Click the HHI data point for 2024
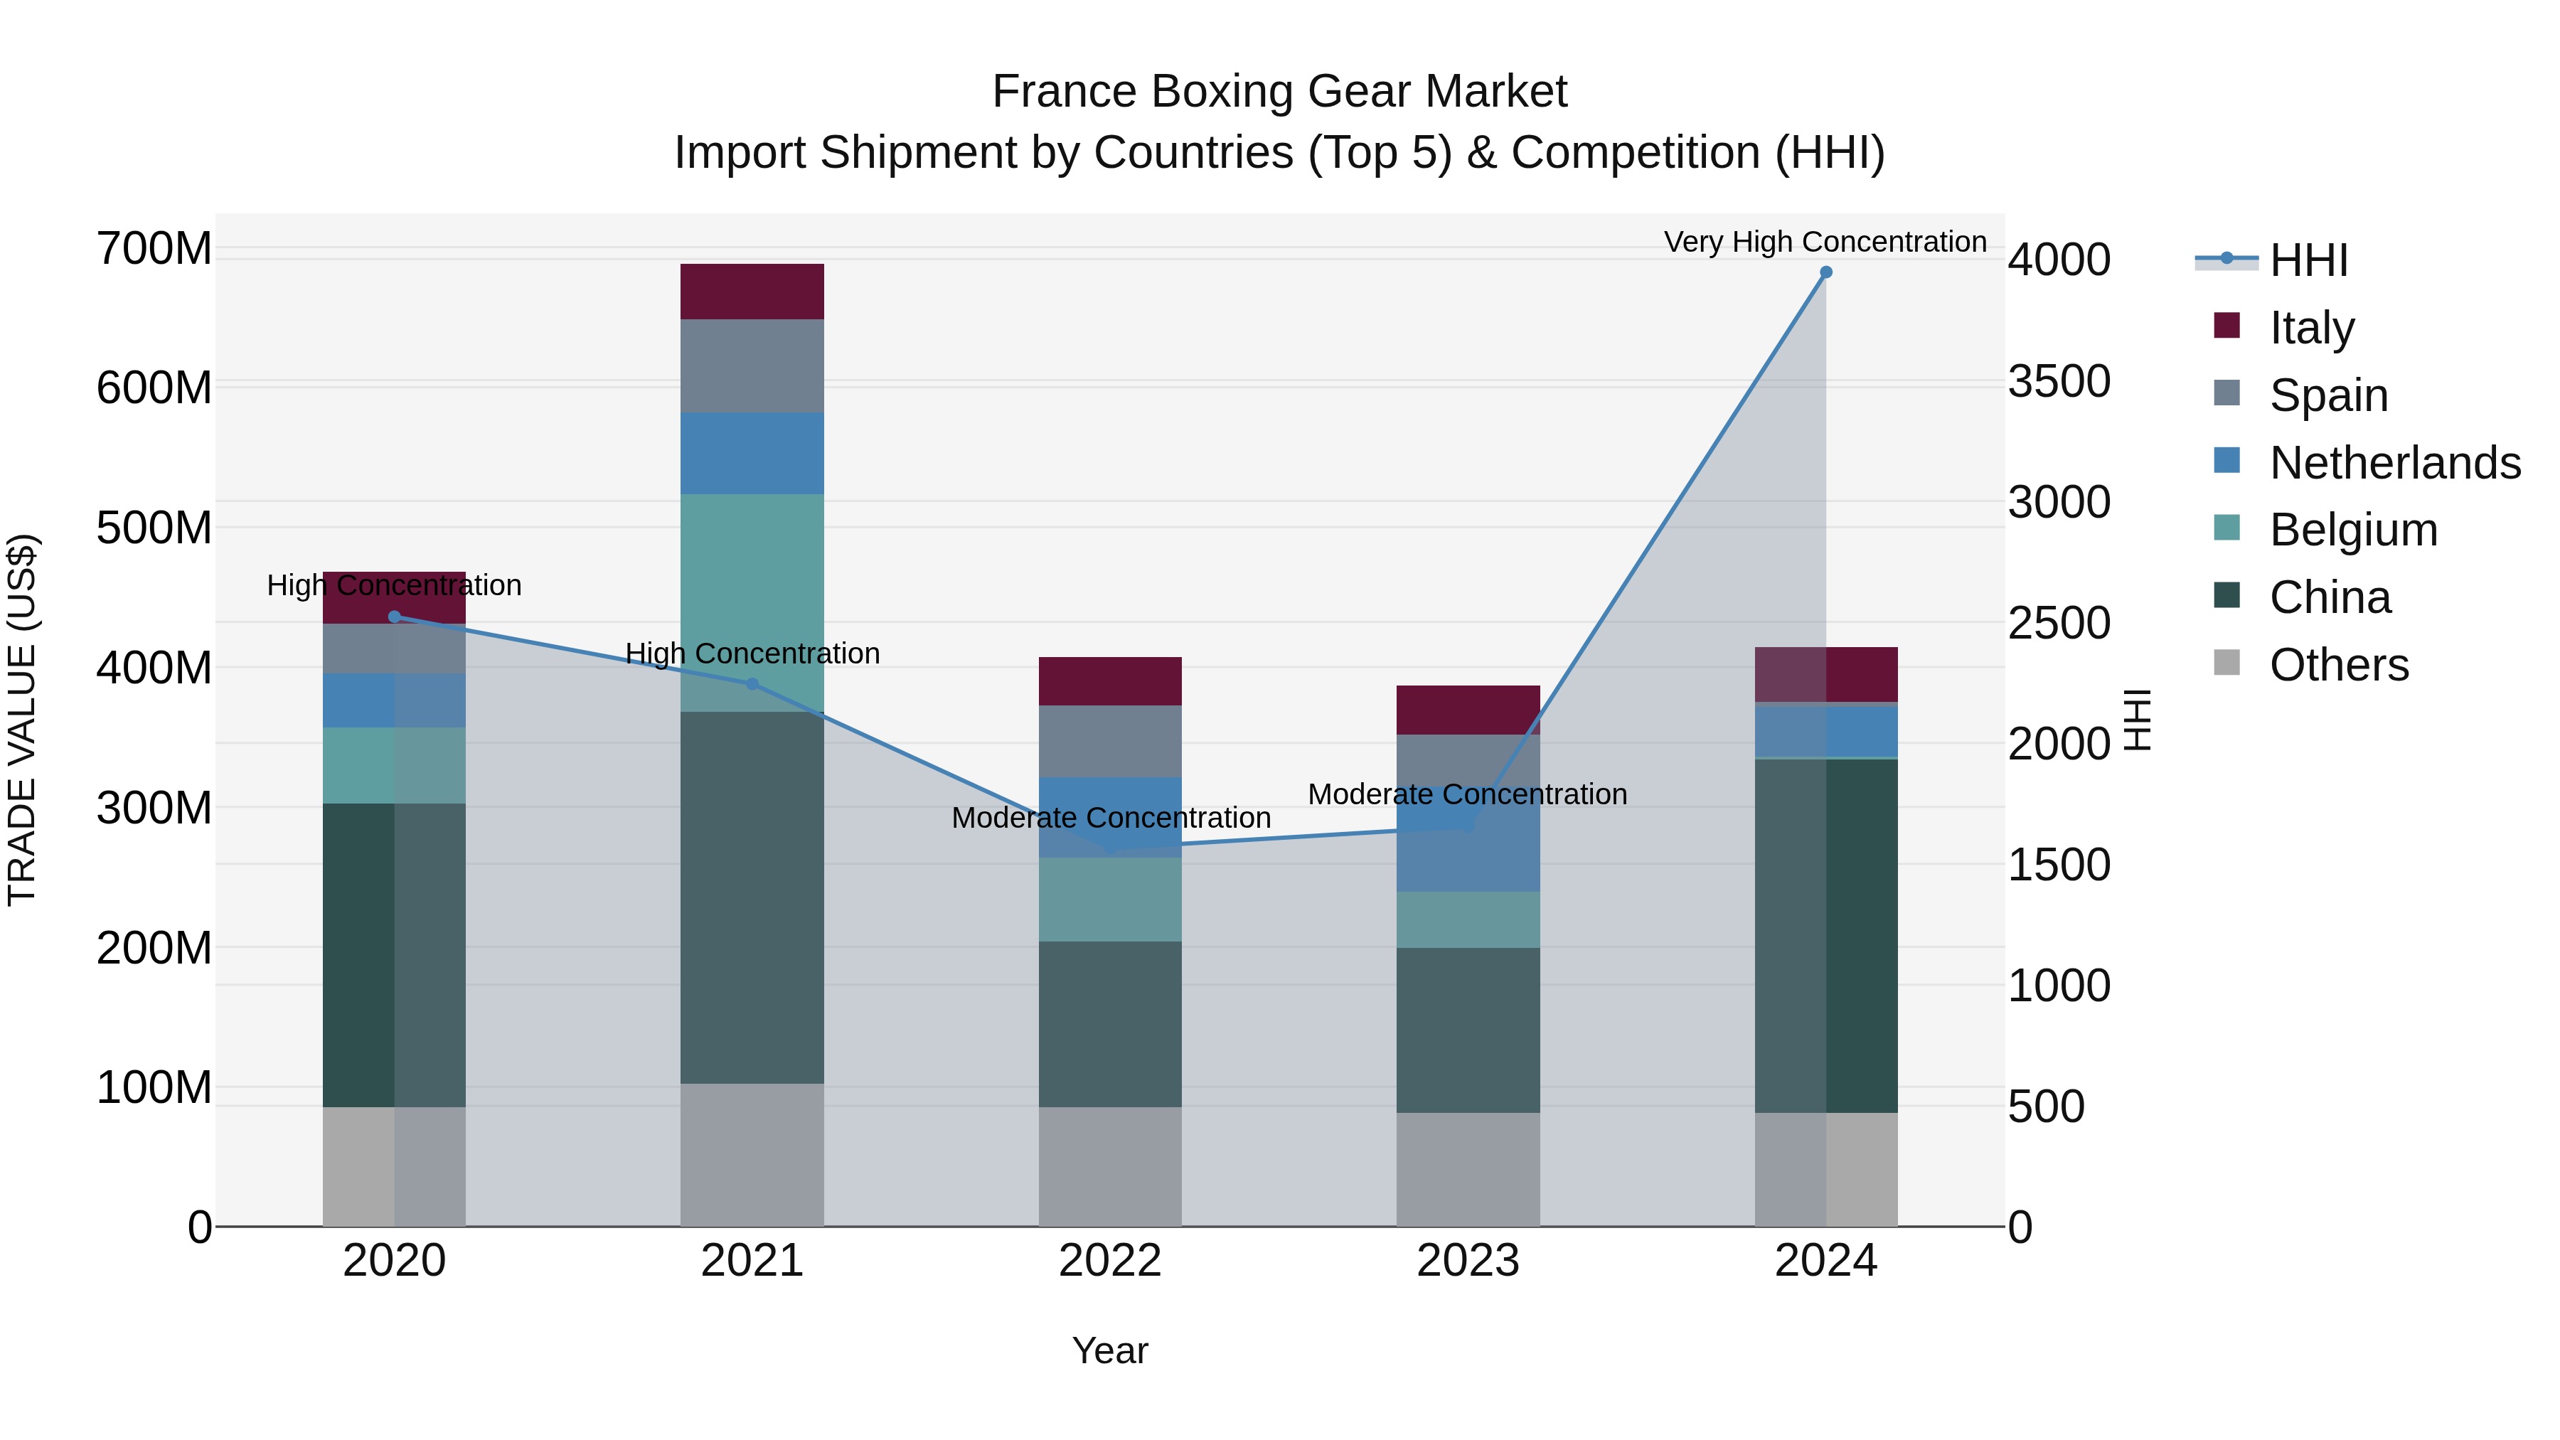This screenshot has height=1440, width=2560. pos(1825,272)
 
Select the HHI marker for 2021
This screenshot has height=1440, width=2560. pos(752,683)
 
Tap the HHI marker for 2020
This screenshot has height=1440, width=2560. pos(395,616)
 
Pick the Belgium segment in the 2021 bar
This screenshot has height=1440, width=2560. pos(752,602)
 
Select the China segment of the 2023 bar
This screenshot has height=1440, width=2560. pos(1468,1030)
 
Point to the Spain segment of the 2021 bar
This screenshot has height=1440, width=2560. pos(752,366)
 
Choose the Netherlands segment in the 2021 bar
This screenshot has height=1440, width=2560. pos(752,453)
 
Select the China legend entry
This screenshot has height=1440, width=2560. pos(2330,597)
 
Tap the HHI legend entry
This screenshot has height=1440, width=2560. pos(2308,260)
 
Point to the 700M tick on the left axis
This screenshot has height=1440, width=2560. pos(154,248)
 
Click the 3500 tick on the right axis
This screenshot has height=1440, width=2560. pos(2059,382)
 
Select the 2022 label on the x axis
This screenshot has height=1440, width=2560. pos(1110,1261)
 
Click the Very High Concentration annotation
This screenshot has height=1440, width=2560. pos(1825,242)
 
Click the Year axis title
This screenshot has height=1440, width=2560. pos(1110,1350)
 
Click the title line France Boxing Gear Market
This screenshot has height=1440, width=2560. pos(1279,92)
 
